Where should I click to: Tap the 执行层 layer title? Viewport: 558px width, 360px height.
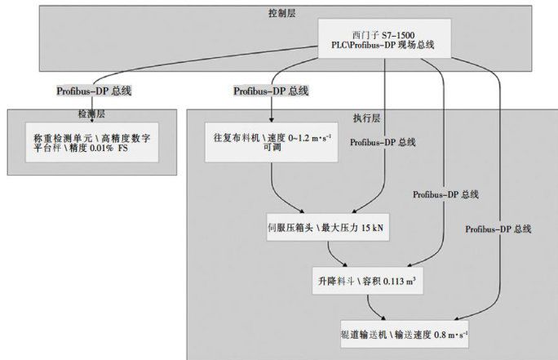[x=371, y=118]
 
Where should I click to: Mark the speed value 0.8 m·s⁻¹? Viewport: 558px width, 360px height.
[x=446, y=335]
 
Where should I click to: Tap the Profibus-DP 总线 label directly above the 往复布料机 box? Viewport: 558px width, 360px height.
[x=272, y=90]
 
